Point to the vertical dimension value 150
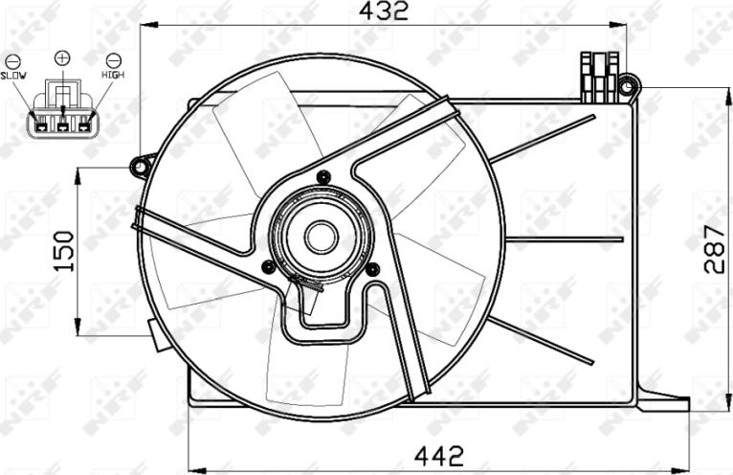(x=63, y=251)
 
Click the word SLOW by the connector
(x=13, y=74)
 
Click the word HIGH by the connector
(x=112, y=74)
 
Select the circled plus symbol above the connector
(x=63, y=58)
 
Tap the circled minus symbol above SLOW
(x=12, y=59)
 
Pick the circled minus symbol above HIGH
(x=113, y=59)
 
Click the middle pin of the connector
(x=63, y=122)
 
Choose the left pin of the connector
(x=42, y=122)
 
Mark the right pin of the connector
(x=84, y=122)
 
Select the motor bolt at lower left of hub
(x=268, y=266)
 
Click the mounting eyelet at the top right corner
(x=628, y=87)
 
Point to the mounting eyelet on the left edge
(x=142, y=168)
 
